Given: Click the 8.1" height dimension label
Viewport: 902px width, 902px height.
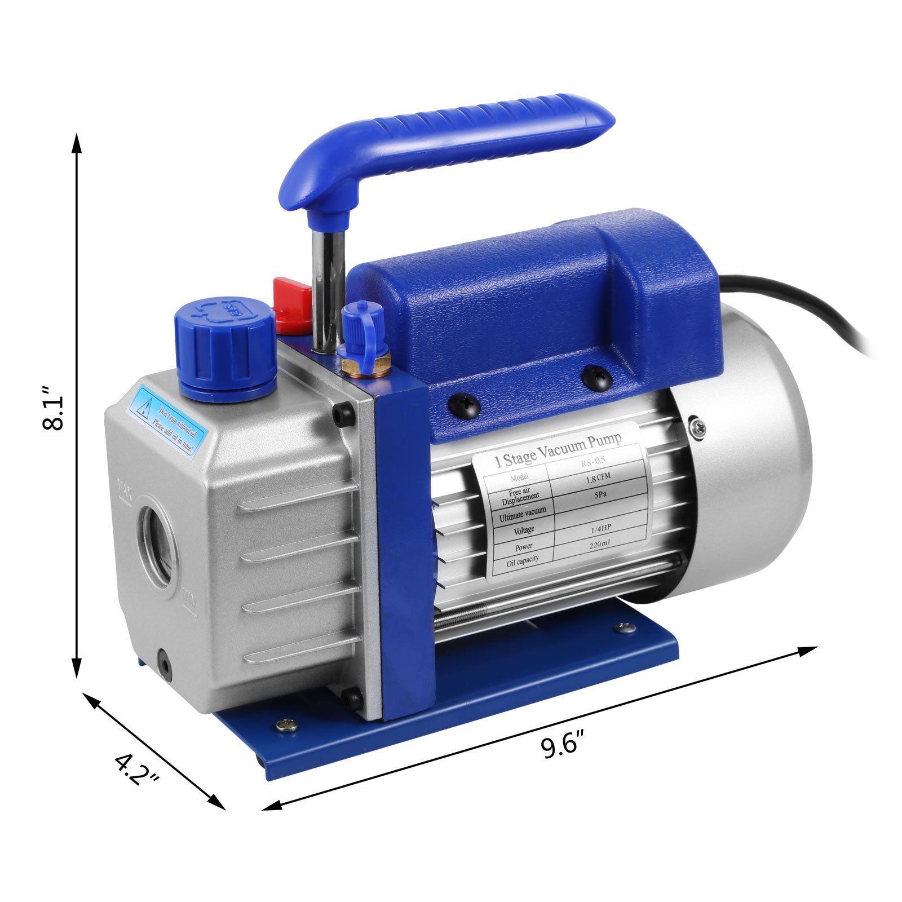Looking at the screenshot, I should [55, 408].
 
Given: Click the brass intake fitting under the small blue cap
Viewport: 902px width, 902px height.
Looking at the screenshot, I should [365, 367].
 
